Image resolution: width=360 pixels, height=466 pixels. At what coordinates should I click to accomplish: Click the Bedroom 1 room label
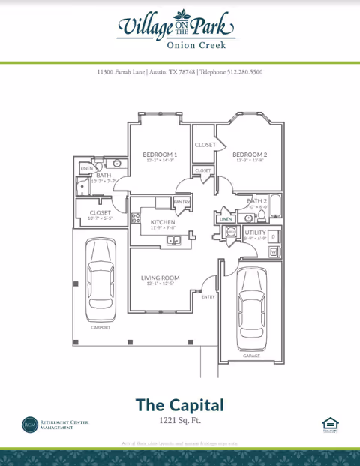160,155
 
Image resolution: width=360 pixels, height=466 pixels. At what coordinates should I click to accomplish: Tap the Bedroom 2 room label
250,155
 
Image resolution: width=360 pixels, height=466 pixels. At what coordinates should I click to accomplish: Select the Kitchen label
163,222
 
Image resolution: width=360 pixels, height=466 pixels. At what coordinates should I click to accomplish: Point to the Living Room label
159,278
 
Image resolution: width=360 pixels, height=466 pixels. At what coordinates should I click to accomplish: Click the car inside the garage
252,309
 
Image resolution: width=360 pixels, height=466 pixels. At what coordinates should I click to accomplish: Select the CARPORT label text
100,328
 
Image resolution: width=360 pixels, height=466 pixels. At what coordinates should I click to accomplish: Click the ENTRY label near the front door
208,297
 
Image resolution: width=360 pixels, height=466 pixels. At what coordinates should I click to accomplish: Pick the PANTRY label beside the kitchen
182,202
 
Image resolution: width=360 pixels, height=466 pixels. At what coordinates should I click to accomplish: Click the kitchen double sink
174,241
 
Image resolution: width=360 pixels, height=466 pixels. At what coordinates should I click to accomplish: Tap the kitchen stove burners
136,218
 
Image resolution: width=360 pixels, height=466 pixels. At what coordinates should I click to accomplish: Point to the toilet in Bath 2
262,215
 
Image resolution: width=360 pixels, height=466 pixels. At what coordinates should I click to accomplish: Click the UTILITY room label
255,233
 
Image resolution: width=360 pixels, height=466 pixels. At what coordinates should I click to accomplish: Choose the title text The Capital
179,405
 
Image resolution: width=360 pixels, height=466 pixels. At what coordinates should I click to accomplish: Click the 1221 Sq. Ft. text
179,422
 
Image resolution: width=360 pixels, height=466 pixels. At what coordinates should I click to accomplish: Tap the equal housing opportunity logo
328,425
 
